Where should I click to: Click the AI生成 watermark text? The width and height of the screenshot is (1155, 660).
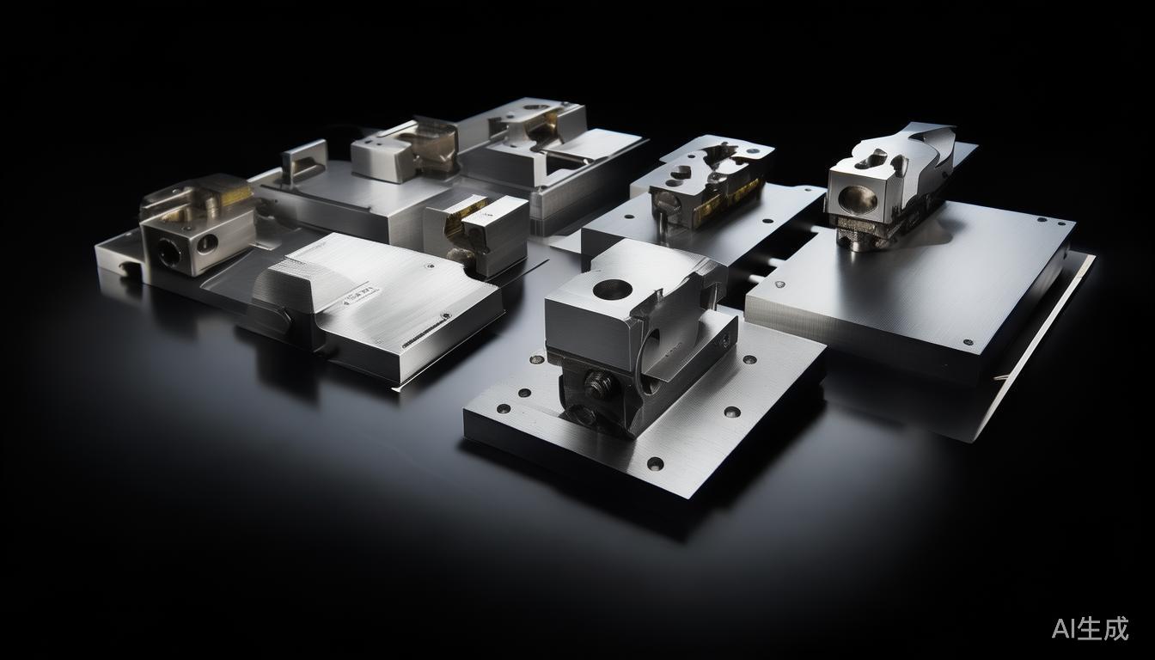[x=1090, y=628]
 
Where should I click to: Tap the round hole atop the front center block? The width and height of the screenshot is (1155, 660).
[x=613, y=290]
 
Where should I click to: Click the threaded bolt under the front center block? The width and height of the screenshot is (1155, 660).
[x=598, y=383]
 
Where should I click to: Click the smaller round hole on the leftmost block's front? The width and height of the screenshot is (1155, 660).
[x=207, y=241]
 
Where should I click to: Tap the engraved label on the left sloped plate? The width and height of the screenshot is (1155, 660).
[x=359, y=296]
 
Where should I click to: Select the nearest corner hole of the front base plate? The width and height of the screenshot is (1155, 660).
[x=655, y=462]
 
